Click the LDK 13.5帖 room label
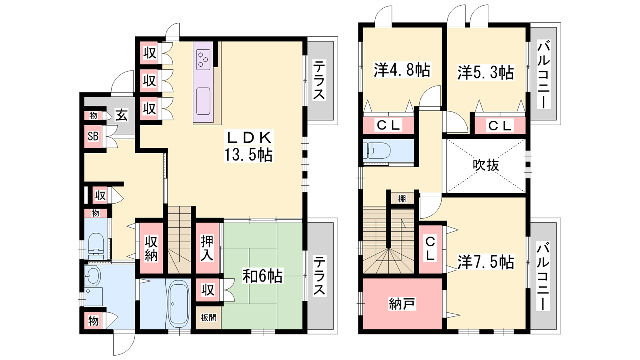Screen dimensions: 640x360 click(x=248, y=146)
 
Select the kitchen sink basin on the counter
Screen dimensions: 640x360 click(x=203, y=101)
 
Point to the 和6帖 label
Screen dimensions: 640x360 click(x=262, y=276)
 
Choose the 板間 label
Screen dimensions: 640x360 click(x=208, y=318)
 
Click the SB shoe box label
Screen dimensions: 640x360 click(x=93, y=136)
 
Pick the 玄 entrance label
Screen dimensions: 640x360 click(x=122, y=115)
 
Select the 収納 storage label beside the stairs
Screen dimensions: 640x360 click(x=151, y=248)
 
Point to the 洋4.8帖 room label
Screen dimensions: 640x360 click(x=402, y=70)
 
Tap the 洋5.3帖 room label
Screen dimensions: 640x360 click(x=486, y=72)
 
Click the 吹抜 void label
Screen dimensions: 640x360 click(x=486, y=165)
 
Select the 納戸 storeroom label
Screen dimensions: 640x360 click(x=402, y=304)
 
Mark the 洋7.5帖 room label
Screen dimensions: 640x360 click(x=486, y=262)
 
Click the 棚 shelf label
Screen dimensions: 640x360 click(x=402, y=199)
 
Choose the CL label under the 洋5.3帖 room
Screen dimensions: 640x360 click(x=500, y=126)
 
